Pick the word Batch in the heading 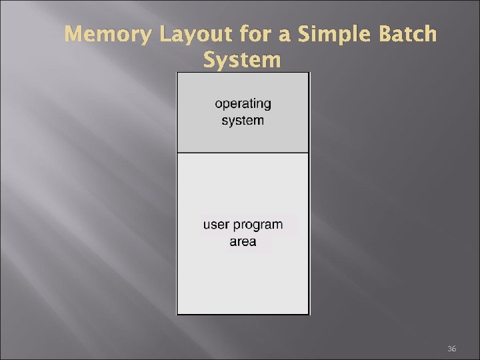click(x=408, y=34)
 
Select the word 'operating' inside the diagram click(x=243, y=103)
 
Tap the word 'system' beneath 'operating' click(x=243, y=121)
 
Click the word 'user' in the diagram click(x=217, y=225)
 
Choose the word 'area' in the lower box click(x=243, y=241)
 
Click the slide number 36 click(x=451, y=349)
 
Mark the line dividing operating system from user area click(x=243, y=153)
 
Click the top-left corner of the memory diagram click(x=177, y=73)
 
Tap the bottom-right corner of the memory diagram click(x=309, y=314)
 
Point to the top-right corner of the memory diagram click(x=309, y=73)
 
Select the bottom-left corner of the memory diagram click(x=177, y=314)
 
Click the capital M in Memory click(x=73, y=34)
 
